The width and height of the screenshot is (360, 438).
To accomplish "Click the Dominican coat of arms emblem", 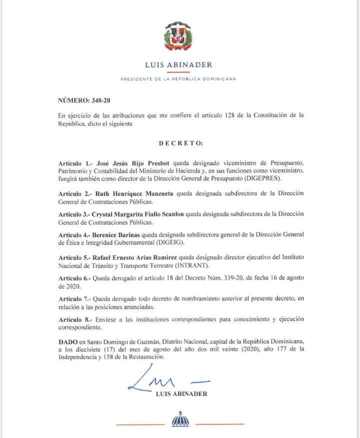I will (x=178, y=37).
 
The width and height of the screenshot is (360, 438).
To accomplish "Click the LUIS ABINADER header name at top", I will (x=178, y=64).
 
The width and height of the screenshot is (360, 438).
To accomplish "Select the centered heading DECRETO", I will (x=181, y=143).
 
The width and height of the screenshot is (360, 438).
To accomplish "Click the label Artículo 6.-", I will (x=74, y=277).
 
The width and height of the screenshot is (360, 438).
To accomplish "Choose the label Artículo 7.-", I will (x=74, y=298).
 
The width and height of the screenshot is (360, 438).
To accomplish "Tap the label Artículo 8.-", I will (x=74, y=318).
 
